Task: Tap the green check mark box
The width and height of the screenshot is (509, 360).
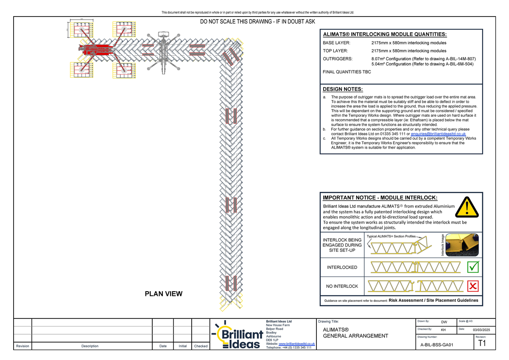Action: (x=473, y=267)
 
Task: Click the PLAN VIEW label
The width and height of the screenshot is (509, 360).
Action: (x=163, y=293)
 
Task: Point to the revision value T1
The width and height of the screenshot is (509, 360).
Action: (x=481, y=343)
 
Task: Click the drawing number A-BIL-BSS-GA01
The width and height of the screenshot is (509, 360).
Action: (x=436, y=345)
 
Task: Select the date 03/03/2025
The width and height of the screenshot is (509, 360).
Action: (x=481, y=330)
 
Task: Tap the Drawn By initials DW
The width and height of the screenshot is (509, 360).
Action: (x=444, y=322)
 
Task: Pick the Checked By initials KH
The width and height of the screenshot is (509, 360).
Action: (x=443, y=330)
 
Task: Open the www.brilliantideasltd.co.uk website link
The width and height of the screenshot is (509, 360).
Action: (x=296, y=344)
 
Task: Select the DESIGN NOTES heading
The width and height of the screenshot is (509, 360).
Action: (x=343, y=89)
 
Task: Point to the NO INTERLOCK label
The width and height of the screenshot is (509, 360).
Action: (x=342, y=286)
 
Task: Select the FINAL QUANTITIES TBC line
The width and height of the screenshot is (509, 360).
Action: (x=347, y=72)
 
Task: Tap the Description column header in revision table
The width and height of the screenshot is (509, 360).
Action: (x=89, y=346)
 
